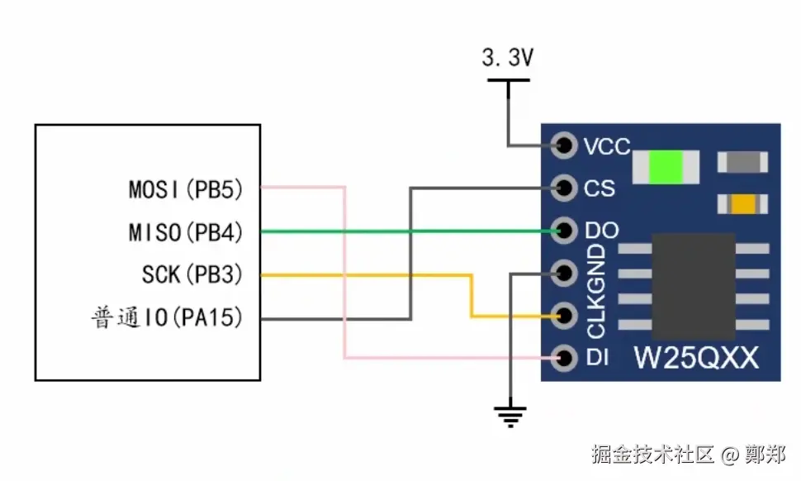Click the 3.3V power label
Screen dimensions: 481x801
tap(507, 58)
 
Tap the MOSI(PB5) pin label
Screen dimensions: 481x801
tap(186, 189)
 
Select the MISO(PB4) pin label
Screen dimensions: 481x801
tap(186, 232)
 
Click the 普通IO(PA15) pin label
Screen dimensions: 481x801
tap(167, 317)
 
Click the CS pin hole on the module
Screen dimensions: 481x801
tap(565, 188)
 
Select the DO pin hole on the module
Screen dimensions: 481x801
tap(565, 231)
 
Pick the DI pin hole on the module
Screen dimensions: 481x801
tap(565, 358)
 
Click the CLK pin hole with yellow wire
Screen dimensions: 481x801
tap(565, 315)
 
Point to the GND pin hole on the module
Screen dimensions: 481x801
tap(565, 272)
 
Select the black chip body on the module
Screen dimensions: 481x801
tap(694, 284)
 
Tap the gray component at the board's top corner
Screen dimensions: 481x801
tap(742, 162)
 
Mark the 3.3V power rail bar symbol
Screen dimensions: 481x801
tap(508, 80)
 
